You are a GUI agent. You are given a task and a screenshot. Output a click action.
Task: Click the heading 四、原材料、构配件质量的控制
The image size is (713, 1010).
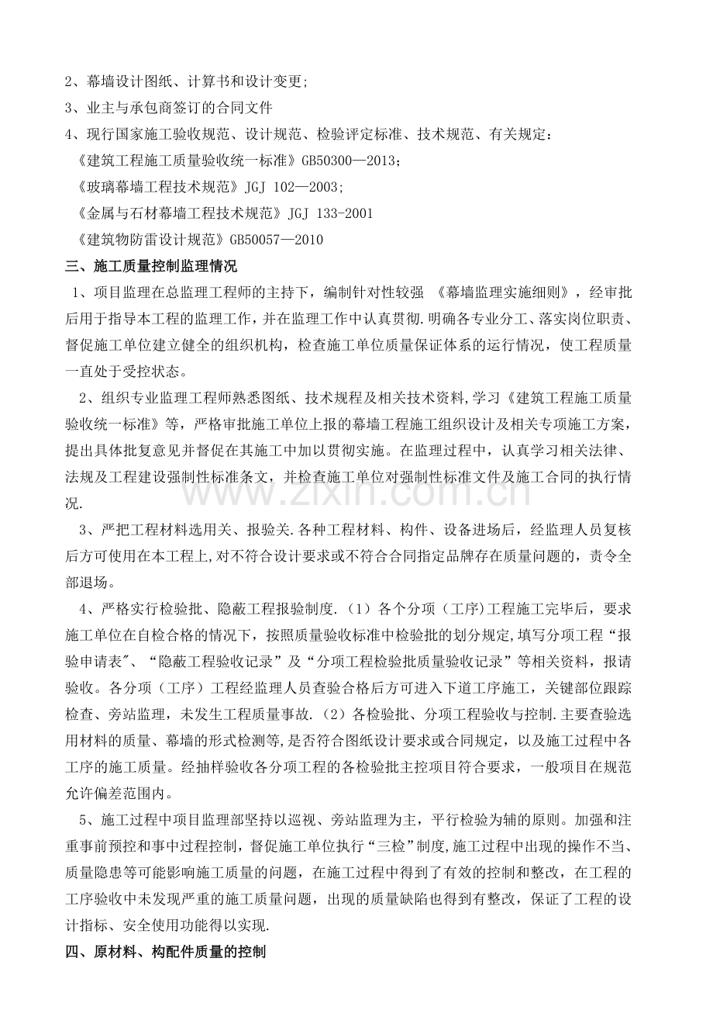click(166, 951)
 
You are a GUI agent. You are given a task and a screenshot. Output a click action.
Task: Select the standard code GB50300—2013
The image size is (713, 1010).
click(344, 161)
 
